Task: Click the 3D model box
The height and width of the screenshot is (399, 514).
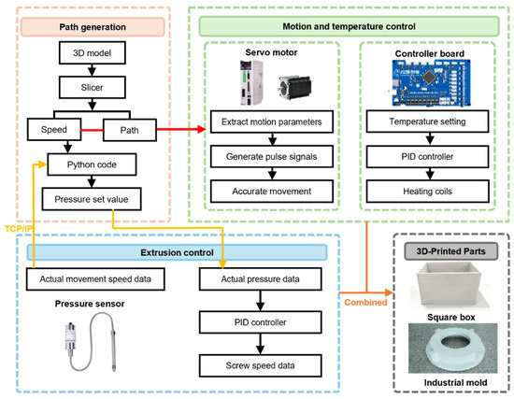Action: point(93,52)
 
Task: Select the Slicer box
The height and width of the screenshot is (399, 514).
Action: point(93,87)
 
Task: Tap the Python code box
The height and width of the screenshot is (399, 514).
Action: point(92,164)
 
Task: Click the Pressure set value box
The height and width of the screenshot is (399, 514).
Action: point(92,199)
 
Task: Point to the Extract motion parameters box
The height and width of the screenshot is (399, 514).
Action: point(272,121)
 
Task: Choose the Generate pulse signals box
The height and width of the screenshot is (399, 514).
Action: point(272,156)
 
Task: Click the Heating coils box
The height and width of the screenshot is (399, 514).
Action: point(427,192)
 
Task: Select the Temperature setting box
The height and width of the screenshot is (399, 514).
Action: point(427,121)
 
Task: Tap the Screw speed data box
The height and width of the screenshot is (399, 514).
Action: point(261,365)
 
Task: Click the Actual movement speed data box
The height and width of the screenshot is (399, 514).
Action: point(95,279)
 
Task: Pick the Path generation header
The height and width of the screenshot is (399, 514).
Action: point(93,27)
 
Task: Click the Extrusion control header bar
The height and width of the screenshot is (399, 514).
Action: point(177,252)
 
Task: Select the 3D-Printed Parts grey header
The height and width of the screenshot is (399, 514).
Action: point(450,251)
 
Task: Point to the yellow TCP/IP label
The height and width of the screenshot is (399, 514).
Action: point(19,229)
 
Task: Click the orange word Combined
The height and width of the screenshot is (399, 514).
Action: point(365,302)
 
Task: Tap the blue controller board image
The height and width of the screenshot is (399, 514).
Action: point(432,82)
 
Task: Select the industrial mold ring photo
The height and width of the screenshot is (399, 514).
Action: point(452,349)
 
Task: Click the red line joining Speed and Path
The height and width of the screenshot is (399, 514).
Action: point(93,130)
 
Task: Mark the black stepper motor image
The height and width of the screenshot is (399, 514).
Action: point(294,88)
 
